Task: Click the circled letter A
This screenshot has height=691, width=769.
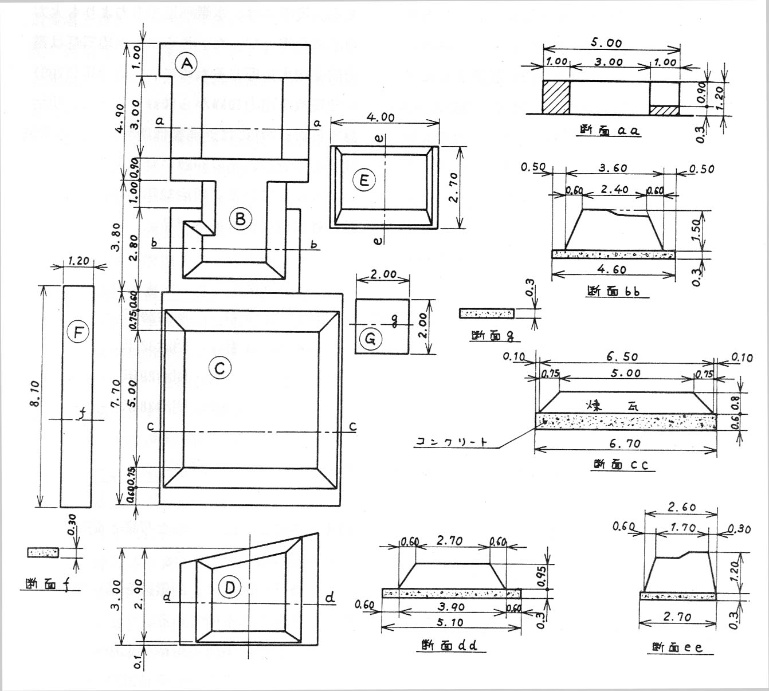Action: pos(187,64)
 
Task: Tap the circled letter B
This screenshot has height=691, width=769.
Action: pos(240,218)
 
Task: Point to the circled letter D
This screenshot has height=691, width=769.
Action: pos(230,587)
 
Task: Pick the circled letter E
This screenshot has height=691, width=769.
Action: pos(363,180)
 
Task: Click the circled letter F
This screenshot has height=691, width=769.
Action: pos(79,332)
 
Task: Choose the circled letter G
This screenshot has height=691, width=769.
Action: pos(370,339)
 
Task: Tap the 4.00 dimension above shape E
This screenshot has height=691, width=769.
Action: pos(380,117)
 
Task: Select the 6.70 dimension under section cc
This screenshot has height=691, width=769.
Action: pos(625,443)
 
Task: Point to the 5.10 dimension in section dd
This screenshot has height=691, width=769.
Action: pos(449,622)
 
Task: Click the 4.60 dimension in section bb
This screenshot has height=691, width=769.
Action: pos(612,269)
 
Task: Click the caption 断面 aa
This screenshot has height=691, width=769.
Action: pos(609,131)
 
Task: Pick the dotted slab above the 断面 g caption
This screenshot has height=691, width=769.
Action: pos(486,313)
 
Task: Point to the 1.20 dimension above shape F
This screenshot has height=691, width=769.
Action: pos(78,261)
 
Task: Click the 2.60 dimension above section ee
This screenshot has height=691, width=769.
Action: pos(681,507)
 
